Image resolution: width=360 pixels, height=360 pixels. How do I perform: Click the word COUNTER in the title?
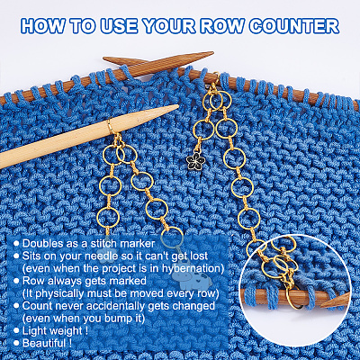pyautogui.click(x=294, y=26)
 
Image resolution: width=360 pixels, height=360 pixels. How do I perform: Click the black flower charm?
pyautogui.click(x=195, y=160)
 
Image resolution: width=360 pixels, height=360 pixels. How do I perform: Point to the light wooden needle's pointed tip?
pyautogui.click(x=177, y=106)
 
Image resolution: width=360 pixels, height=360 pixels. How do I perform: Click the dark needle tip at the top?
pyautogui.click(x=212, y=53)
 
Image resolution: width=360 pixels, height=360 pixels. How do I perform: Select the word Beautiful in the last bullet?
pyautogui.click(x=44, y=343)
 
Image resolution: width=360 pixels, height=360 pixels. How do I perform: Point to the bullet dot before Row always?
pyautogui.click(x=17, y=282)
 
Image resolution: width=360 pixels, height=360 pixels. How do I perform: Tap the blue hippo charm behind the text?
pyautogui.click(x=193, y=281)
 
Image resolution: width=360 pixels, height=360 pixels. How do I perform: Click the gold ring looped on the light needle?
pyautogui.click(x=111, y=127)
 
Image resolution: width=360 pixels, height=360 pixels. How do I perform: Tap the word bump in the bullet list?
pyautogui.click(x=117, y=319)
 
